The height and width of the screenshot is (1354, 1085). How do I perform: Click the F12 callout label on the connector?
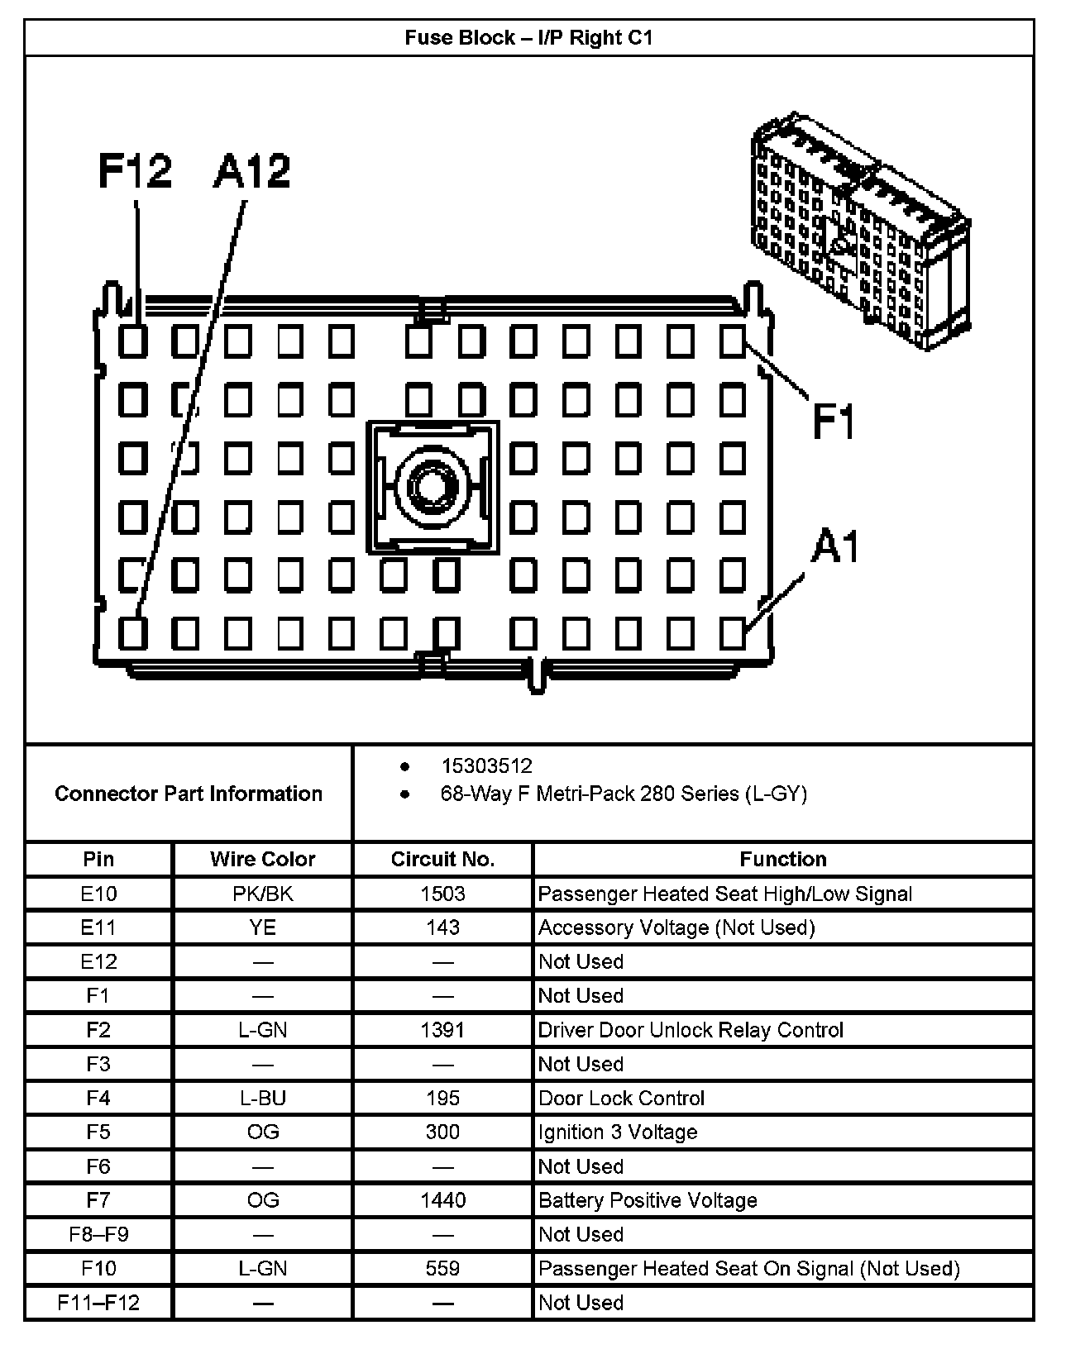135,171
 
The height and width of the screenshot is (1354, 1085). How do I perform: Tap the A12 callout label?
251,171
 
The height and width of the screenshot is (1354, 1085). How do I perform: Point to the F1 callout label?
833,421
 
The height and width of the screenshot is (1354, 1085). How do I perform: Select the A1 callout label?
835,546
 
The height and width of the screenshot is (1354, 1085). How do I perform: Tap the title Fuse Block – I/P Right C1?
528,38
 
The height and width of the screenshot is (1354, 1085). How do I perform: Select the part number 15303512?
486,766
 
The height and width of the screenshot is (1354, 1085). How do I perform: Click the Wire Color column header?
262,859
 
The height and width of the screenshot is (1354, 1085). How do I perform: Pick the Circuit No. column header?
442,859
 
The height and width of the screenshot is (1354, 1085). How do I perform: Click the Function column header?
782,859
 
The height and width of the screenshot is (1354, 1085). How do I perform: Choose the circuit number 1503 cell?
442,894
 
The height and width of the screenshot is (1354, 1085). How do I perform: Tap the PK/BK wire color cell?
262,894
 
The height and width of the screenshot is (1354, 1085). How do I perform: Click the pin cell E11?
98,927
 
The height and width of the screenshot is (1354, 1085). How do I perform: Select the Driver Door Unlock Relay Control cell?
691,1030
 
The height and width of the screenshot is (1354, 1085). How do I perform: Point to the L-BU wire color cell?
262,1098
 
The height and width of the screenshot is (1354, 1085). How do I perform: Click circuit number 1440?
442,1200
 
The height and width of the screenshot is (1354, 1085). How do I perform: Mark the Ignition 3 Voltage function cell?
618,1132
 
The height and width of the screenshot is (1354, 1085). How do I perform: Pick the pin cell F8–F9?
98,1234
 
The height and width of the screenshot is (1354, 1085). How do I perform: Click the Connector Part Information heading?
189,794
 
